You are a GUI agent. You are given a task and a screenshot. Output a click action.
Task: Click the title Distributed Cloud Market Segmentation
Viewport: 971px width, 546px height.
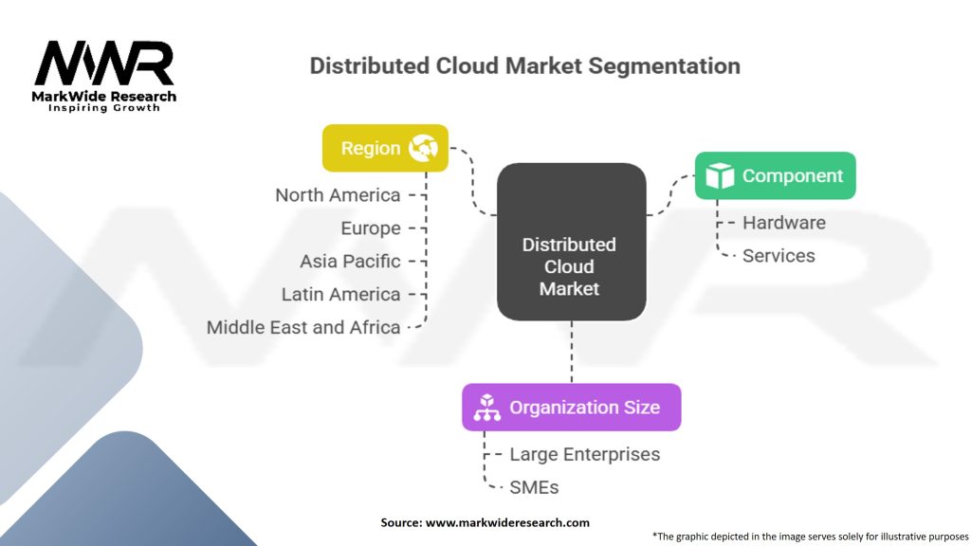point(524,66)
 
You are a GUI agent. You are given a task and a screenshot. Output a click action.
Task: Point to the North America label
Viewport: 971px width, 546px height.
point(338,195)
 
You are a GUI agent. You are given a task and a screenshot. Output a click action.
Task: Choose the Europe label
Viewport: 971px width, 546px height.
point(371,228)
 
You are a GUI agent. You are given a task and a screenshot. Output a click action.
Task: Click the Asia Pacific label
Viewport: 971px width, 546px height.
point(350,261)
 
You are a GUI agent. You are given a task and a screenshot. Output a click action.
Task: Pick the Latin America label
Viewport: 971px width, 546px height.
point(340,294)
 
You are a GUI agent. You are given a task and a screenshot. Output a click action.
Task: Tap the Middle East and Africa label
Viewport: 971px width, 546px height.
point(303,327)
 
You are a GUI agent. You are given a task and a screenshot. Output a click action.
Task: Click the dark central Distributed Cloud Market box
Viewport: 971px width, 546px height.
point(570,241)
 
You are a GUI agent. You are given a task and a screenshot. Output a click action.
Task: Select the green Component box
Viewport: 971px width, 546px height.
point(775,175)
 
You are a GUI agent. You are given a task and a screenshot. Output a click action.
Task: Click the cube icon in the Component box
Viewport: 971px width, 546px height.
point(721,175)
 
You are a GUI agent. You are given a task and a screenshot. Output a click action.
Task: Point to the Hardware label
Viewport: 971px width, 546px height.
point(783,223)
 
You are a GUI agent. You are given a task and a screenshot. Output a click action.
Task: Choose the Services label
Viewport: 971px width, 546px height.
point(779,256)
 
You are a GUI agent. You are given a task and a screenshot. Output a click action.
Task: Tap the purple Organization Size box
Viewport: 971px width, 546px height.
point(571,408)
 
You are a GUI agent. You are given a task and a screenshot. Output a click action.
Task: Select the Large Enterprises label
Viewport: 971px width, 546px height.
point(584,454)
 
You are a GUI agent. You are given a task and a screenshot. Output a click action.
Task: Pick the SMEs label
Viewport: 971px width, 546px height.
point(534,487)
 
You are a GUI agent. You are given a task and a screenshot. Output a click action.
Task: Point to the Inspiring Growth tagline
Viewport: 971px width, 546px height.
point(104,108)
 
